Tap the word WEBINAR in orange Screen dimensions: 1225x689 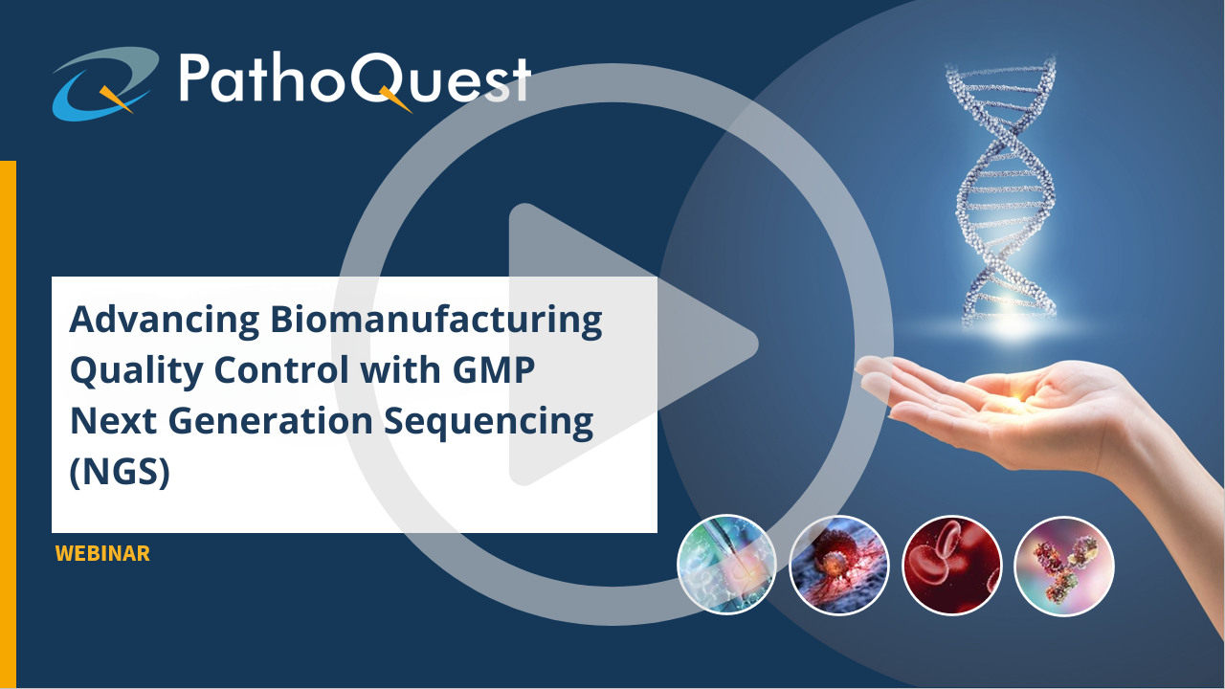click(x=102, y=553)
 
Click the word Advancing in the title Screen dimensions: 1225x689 click(x=165, y=321)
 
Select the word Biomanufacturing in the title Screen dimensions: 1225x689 click(x=436, y=321)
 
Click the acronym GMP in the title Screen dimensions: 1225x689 click(x=494, y=370)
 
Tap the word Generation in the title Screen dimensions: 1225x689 click(x=270, y=421)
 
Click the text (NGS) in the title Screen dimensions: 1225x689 click(x=120, y=472)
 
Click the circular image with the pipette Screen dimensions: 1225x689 click(x=726, y=564)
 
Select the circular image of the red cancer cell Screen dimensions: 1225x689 click(x=839, y=565)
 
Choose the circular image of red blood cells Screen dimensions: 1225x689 click(x=951, y=566)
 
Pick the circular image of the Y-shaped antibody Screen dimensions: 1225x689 click(x=1064, y=566)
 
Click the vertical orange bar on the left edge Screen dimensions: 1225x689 click(x=9, y=424)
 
